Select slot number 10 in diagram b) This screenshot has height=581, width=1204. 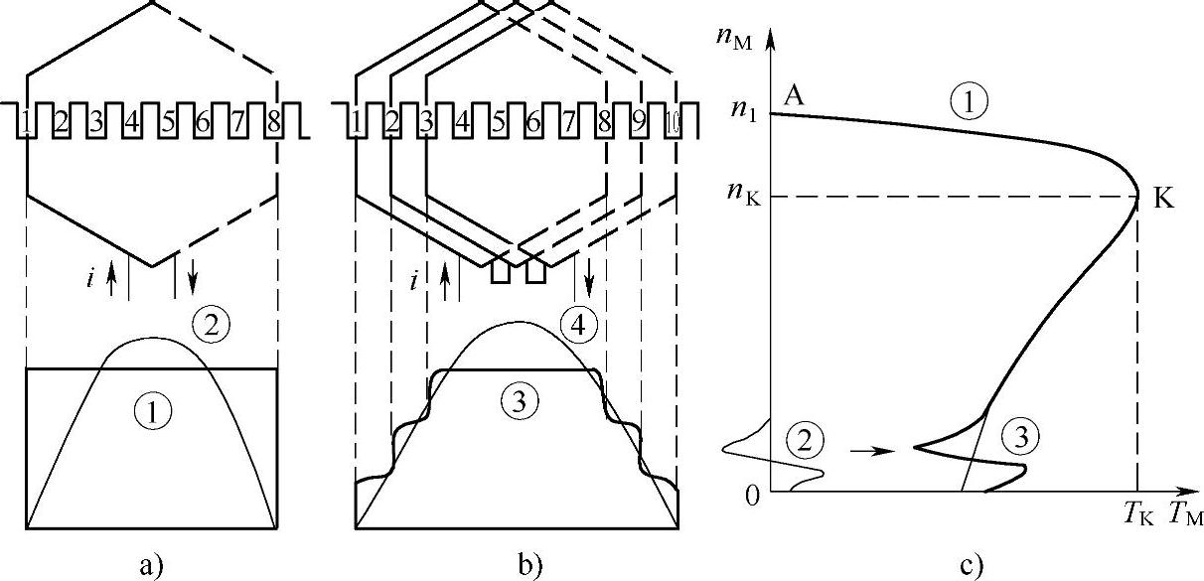pyautogui.click(x=673, y=124)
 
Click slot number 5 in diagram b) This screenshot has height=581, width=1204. pyautogui.click(x=497, y=124)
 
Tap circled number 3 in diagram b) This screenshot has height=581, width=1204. pyautogui.click(x=517, y=400)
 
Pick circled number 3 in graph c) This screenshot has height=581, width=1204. pyautogui.click(x=1017, y=434)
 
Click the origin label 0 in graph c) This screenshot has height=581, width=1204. pyautogui.click(x=752, y=495)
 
